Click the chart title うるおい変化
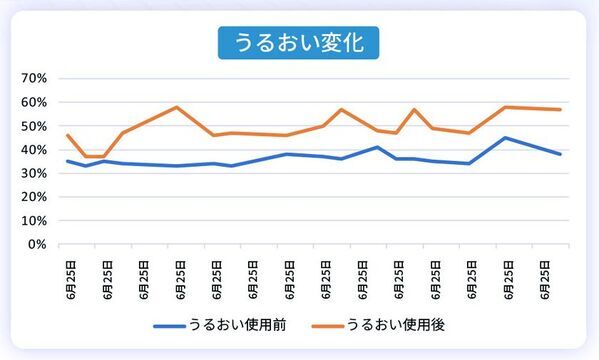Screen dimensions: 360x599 click(299, 44)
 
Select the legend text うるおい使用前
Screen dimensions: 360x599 click(240, 325)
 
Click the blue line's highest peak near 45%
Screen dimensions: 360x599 click(506, 138)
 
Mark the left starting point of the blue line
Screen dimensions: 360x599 click(67, 161)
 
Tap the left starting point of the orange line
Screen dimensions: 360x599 click(67, 135)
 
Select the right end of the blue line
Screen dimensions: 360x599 click(561, 154)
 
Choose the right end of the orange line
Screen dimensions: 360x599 click(561, 109)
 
